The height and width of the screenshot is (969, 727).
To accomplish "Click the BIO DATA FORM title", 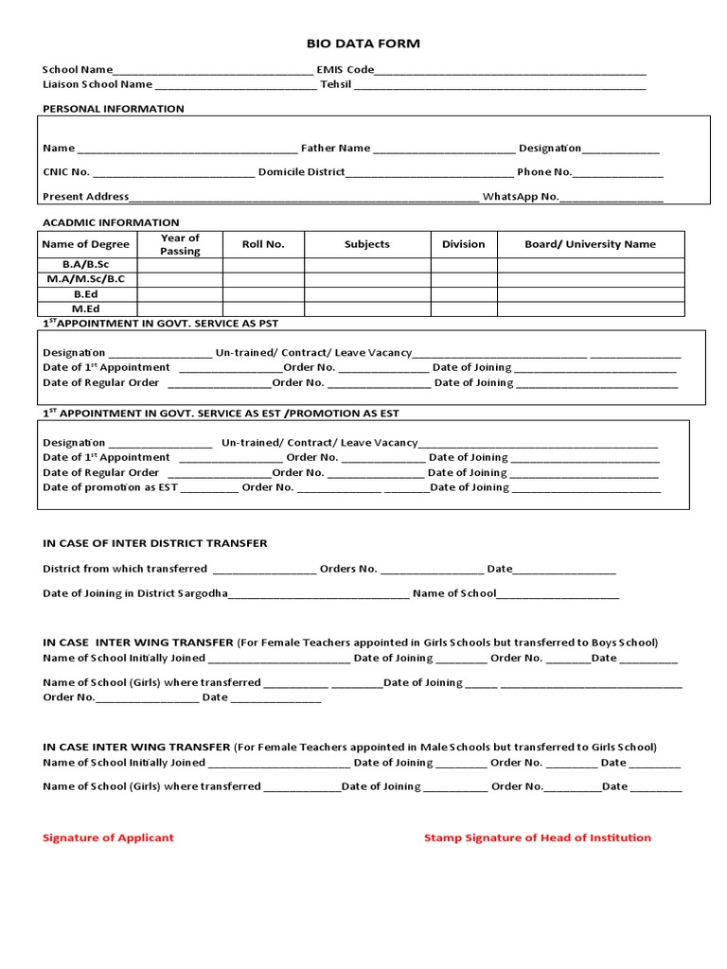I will point(363,44).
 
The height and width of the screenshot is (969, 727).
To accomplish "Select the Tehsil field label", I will point(335,84).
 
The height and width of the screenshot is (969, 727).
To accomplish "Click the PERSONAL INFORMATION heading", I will point(114,109).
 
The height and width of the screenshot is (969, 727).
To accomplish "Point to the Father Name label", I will point(335,149).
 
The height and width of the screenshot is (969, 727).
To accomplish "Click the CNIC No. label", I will point(66,172).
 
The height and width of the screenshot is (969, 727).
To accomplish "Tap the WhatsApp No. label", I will point(520,197).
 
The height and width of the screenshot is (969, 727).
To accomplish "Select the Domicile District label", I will point(301,172).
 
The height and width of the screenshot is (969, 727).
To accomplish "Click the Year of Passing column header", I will point(180,244).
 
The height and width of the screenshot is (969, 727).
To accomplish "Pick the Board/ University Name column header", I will point(590,244).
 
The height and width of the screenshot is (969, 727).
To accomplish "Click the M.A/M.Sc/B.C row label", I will point(86,279).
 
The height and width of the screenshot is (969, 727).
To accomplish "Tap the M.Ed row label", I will point(86,308).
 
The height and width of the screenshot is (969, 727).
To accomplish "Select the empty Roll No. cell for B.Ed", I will point(263,294).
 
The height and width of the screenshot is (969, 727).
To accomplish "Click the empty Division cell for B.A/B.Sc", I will point(463,265).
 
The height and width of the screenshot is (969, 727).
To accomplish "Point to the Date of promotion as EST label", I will point(110,487).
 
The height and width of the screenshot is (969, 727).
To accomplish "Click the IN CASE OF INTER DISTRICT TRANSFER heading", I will point(155,543).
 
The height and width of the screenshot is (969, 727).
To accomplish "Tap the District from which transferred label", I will point(125,569).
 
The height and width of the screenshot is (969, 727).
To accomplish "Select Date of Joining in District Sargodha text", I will point(135,593).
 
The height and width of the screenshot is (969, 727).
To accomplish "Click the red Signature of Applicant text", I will point(108,837).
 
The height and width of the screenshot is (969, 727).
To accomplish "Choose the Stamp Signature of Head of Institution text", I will point(537,837).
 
